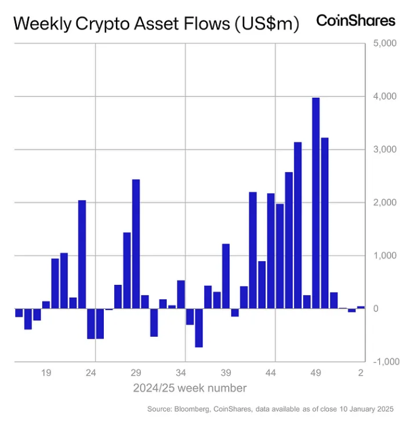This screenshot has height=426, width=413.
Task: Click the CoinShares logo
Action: [x=356, y=21]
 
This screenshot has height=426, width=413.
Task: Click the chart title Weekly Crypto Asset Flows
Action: [x=156, y=24]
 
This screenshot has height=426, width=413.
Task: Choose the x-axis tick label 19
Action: [x=46, y=374]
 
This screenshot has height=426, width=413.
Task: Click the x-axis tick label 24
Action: [x=91, y=374]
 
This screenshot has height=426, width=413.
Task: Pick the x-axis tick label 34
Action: [x=181, y=374]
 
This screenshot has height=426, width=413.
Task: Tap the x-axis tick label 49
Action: [x=316, y=374]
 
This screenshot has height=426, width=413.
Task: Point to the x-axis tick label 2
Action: [x=360, y=374]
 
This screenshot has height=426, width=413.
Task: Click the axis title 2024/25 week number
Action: [x=190, y=387]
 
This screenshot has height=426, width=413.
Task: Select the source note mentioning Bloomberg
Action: [x=271, y=409]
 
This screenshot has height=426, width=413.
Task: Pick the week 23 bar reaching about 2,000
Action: [x=82, y=254]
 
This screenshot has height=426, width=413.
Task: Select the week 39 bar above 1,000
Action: [x=226, y=276]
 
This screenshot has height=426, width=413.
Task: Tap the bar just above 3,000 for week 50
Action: [x=324, y=223]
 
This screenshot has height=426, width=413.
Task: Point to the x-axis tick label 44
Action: [x=271, y=374]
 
